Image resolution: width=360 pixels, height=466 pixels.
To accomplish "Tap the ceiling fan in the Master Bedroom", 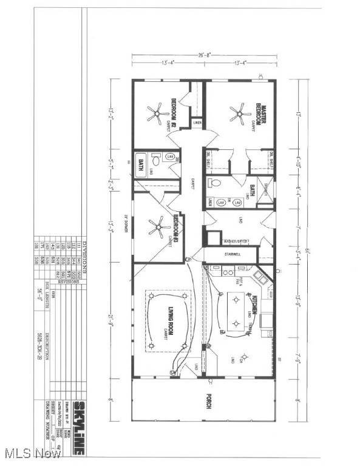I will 239,112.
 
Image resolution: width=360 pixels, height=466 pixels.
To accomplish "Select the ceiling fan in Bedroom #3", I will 159,228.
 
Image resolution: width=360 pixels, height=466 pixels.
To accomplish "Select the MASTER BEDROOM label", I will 258,112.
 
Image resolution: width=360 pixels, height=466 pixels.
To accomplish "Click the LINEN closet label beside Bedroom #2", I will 197,124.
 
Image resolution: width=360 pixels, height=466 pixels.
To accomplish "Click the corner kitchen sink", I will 259,277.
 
